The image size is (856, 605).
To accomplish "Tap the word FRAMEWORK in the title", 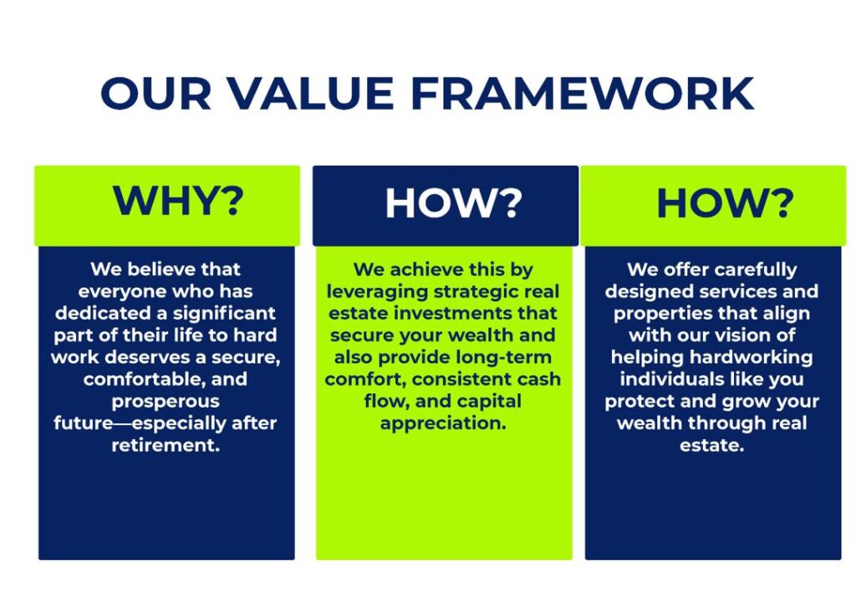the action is click(x=583, y=93).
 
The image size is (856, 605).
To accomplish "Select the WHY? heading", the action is click(x=178, y=201).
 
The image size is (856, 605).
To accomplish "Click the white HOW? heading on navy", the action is click(x=454, y=203).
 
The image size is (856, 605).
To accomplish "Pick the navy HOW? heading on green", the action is click(x=725, y=203).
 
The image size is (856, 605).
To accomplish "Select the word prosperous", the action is click(x=166, y=402).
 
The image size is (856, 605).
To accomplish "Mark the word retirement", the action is click(x=166, y=445).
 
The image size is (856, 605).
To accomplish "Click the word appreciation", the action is click(x=443, y=423).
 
